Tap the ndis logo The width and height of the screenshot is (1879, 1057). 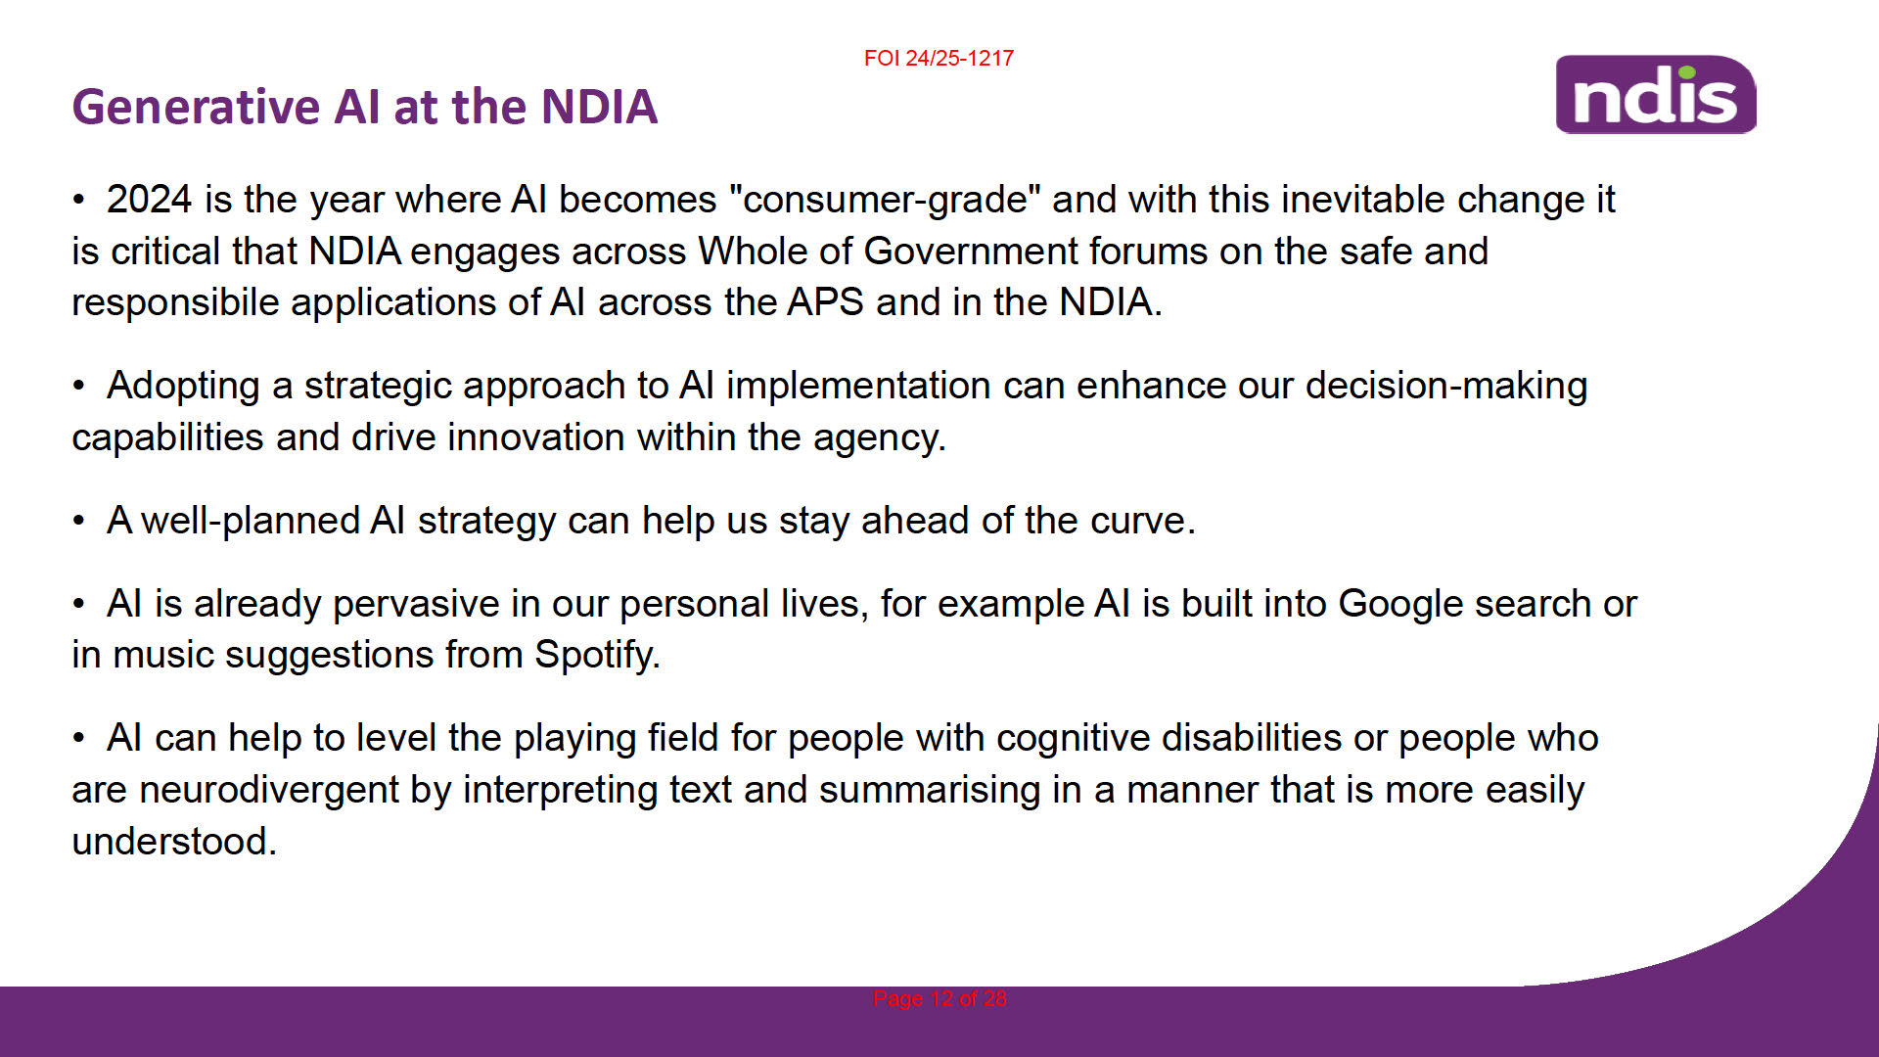click(1656, 94)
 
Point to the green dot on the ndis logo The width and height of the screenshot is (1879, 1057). click(1685, 71)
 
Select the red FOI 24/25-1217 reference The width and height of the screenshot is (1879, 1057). click(939, 58)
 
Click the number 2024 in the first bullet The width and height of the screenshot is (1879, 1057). click(149, 199)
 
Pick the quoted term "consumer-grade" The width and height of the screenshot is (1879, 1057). click(885, 199)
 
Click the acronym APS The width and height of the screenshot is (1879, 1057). click(825, 301)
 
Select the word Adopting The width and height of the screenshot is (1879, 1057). click(183, 387)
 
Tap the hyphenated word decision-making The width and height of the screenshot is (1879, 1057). click(1446, 387)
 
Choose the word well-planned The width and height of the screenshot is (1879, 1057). click(251, 521)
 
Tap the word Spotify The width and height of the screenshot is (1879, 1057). click(597, 655)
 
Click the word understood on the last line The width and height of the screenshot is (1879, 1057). click(174, 842)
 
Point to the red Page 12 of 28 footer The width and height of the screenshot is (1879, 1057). click(939, 998)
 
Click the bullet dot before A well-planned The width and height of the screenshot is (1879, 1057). click(78, 521)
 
